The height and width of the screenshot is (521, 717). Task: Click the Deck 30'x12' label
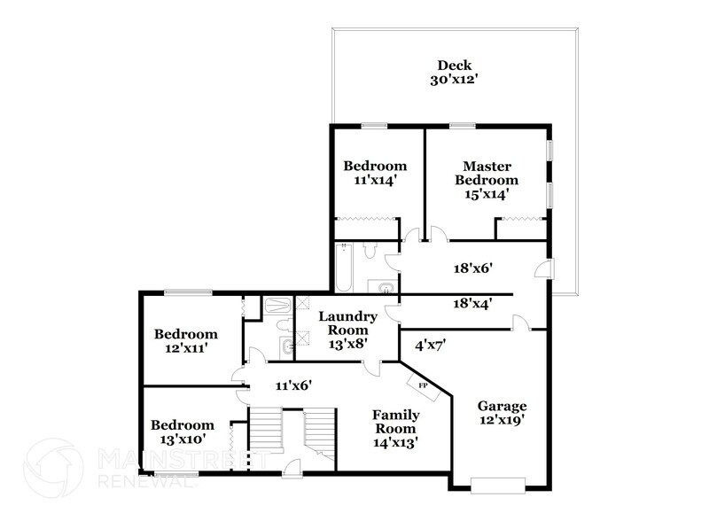454,72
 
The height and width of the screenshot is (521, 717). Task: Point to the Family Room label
395,428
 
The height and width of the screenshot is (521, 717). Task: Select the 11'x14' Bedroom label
375,172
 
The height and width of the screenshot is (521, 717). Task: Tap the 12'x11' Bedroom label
185,341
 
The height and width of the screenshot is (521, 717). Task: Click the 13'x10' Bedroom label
182,432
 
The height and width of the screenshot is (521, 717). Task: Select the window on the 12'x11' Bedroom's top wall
187,292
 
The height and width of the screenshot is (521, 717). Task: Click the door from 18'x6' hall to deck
549,269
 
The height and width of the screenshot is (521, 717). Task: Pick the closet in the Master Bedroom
520,229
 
